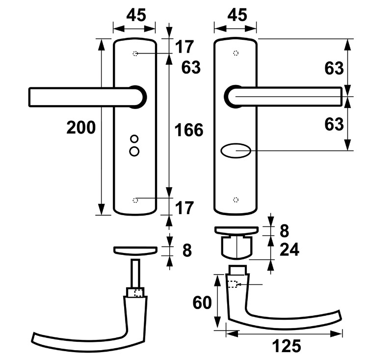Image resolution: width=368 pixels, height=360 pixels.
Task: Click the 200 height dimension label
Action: click(81, 128)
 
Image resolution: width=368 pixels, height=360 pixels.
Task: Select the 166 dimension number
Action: click(189, 130)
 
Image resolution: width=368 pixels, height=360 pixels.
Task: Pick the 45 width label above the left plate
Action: click(136, 15)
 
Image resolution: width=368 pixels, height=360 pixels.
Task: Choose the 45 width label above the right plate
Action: click(237, 15)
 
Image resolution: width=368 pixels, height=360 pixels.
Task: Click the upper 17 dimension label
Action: click(184, 47)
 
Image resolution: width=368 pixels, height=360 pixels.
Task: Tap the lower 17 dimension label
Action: click(184, 208)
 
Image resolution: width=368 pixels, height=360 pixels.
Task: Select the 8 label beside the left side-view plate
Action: click(186, 250)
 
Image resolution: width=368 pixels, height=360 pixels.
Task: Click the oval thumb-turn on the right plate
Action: click(236, 150)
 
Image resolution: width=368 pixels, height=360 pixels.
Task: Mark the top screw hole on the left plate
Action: click(136, 53)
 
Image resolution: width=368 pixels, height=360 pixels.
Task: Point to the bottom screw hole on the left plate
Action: click(136, 199)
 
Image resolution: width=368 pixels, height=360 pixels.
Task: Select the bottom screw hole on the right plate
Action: click(236, 199)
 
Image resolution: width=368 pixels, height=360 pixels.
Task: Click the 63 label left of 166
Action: click(191, 68)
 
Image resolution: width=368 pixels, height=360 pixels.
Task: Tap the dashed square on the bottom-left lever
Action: click(138, 294)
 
